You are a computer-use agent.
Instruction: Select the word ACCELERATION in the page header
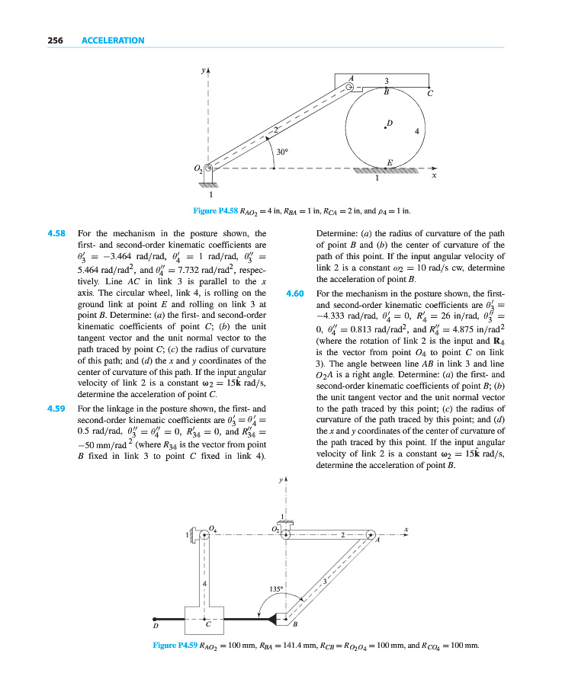(x=113, y=40)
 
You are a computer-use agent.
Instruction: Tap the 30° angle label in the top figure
(x=282, y=152)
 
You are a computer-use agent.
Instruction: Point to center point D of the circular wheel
(x=385, y=127)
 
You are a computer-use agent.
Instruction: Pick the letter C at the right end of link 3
(x=430, y=94)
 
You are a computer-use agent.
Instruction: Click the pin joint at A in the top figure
(x=350, y=88)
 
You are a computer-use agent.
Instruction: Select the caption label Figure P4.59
(x=175, y=646)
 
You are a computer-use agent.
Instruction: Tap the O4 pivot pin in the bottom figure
(x=204, y=536)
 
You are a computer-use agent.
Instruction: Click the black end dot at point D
(x=156, y=618)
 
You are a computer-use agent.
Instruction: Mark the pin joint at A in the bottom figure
(x=371, y=534)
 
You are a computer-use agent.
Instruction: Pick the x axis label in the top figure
(x=434, y=176)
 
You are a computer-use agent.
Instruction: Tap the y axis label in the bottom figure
(x=281, y=481)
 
